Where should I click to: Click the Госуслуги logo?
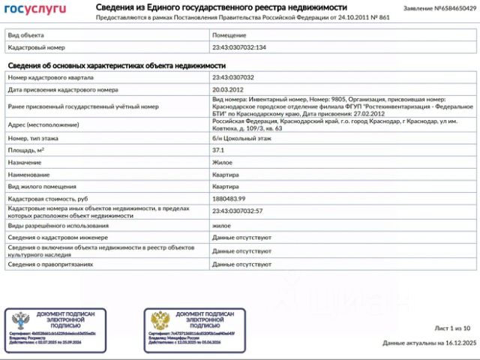35,9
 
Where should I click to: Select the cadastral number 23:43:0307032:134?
238,47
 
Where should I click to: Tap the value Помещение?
229,35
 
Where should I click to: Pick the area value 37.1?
218,150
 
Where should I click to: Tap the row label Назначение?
25,162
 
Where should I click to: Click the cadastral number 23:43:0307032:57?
237,211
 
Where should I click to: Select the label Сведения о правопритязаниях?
50,264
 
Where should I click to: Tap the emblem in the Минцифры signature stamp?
160,320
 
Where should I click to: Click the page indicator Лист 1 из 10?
453,328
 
